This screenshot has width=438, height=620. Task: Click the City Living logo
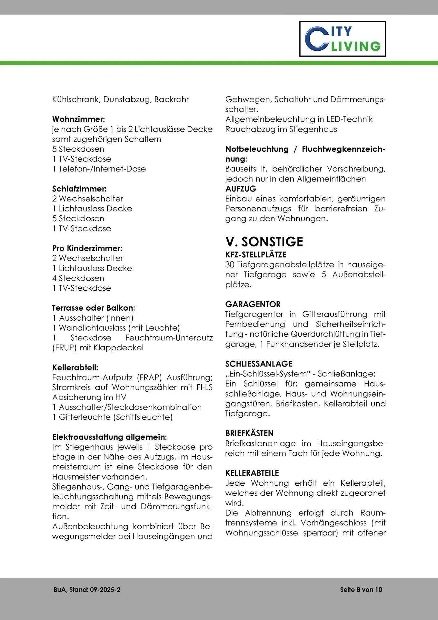tap(342, 39)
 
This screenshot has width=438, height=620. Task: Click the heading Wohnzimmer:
tap(78, 119)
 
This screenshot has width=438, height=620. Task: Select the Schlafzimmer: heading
tap(79, 189)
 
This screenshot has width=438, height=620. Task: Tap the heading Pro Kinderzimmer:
tap(87, 248)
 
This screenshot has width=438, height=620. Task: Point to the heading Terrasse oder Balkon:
tap(94, 308)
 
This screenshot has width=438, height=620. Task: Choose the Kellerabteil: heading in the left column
tap(75, 367)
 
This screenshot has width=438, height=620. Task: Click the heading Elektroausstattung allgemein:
tap(110, 437)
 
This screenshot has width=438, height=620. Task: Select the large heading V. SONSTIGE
tap(264, 242)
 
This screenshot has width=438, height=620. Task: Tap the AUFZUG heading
tap(241, 189)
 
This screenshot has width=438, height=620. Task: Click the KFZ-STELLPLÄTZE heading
tap(256, 255)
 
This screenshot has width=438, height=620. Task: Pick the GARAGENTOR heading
tap(253, 304)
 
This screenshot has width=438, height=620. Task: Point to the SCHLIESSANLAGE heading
tap(259, 364)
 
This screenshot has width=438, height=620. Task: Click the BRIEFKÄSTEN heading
tap(249, 433)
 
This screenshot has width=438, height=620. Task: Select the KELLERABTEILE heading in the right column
tap(252, 473)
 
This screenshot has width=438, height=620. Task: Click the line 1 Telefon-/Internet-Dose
tap(99, 169)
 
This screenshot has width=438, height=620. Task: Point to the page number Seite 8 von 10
tap(361, 590)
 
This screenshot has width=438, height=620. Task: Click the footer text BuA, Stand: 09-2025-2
tap(87, 590)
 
